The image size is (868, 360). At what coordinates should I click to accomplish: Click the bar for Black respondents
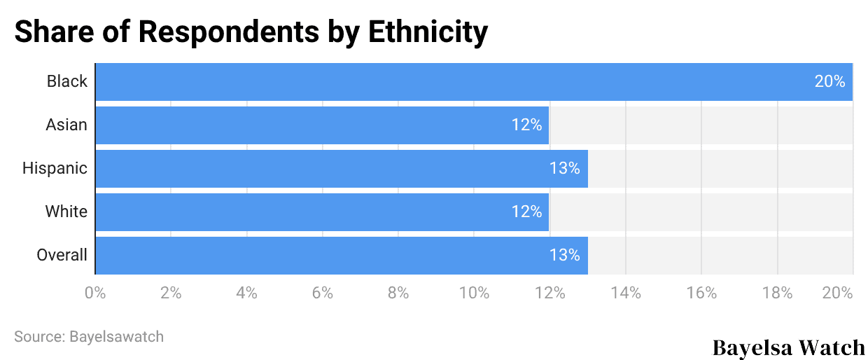[x=473, y=82]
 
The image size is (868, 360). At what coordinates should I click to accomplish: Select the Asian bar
[x=322, y=125]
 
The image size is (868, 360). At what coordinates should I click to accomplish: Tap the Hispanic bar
[x=341, y=169]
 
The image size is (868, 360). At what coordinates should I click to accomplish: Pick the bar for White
[x=322, y=212]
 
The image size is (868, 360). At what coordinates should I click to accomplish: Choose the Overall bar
[x=341, y=256]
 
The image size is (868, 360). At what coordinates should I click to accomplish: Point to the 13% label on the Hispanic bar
[x=564, y=169]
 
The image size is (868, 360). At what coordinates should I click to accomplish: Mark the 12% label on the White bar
[x=526, y=212]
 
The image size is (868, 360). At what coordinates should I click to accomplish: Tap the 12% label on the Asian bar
[x=526, y=125]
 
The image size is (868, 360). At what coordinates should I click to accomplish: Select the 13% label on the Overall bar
[x=564, y=256]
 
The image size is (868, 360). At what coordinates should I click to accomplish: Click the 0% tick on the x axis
[x=95, y=293]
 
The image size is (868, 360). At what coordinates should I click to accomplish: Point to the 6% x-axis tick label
[x=322, y=293]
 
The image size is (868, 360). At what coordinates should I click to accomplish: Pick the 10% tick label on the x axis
[x=474, y=293]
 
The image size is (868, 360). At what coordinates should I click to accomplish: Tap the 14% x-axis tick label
[x=625, y=293]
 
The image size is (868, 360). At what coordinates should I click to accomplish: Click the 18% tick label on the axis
[x=777, y=293]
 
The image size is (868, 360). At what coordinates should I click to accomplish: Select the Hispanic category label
[x=55, y=169]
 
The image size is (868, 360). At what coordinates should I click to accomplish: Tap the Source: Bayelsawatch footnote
[x=89, y=337]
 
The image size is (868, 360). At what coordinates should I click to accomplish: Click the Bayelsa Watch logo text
[x=789, y=347]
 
